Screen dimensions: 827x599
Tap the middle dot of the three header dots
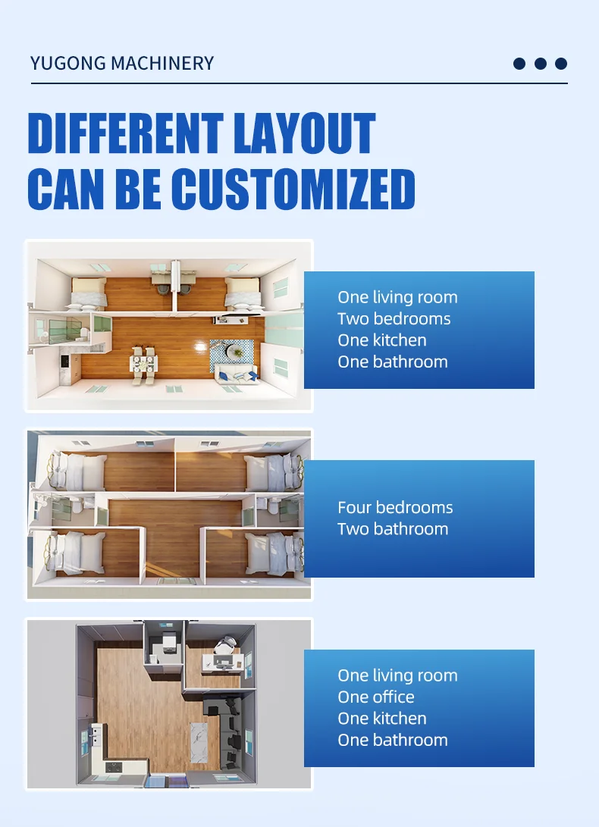(x=540, y=64)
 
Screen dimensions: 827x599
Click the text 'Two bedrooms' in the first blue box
(x=394, y=319)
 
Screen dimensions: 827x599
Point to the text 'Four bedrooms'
(x=395, y=508)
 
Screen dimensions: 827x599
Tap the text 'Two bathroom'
(x=393, y=529)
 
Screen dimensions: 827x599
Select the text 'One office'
(x=376, y=697)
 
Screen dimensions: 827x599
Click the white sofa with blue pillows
(x=235, y=373)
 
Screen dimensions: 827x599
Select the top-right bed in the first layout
(x=242, y=291)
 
